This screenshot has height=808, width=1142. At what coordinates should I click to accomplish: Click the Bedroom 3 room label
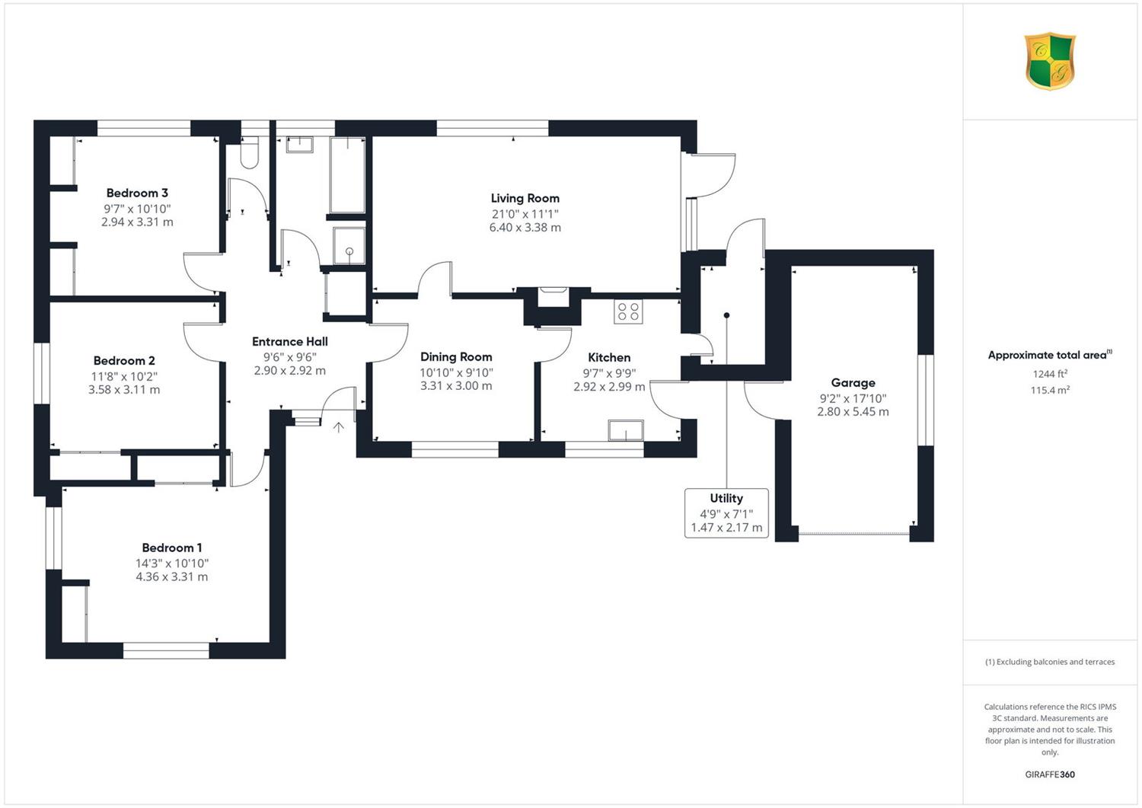[x=137, y=193]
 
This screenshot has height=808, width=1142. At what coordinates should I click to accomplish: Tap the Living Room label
[x=525, y=199]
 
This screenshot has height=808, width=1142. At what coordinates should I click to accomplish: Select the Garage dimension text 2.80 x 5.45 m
[x=853, y=412]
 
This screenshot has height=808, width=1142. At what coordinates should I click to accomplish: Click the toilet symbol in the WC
[x=249, y=153]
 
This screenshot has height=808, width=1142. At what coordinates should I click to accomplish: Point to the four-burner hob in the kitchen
[x=628, y=311]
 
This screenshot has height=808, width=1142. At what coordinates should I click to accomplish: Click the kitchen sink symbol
[x=626, y=430]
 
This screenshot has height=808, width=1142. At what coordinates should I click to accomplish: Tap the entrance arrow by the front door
[x=339, y=427]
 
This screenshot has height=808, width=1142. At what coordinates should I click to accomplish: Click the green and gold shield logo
[x=1050, y=61]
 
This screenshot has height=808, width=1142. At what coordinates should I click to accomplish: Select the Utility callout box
[x=726, y=513]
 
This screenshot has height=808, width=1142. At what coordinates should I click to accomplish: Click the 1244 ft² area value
[x=1050, y=374]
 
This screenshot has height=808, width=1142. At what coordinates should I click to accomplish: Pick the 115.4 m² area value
[x=1050, y=390]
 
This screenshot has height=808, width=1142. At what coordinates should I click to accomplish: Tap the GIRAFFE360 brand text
[x=1050, y=774]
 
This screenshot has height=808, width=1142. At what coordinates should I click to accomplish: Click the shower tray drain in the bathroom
[x=349, y=251]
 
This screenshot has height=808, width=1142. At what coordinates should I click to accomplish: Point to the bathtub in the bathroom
[x=348, y=174]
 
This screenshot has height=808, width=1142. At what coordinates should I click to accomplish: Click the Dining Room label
[x=456, y=357]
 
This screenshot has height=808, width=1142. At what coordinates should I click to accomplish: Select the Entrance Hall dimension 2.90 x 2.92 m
[x=290, y=371]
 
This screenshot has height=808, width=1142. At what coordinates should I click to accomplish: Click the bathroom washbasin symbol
[x=299, y=145]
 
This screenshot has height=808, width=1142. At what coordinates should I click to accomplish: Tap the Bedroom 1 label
[x=172, y=548]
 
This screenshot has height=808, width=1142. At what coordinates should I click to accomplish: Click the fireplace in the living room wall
[x=553, y=297]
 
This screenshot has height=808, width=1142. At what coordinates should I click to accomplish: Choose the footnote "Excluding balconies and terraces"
[x=1050, y=662]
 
